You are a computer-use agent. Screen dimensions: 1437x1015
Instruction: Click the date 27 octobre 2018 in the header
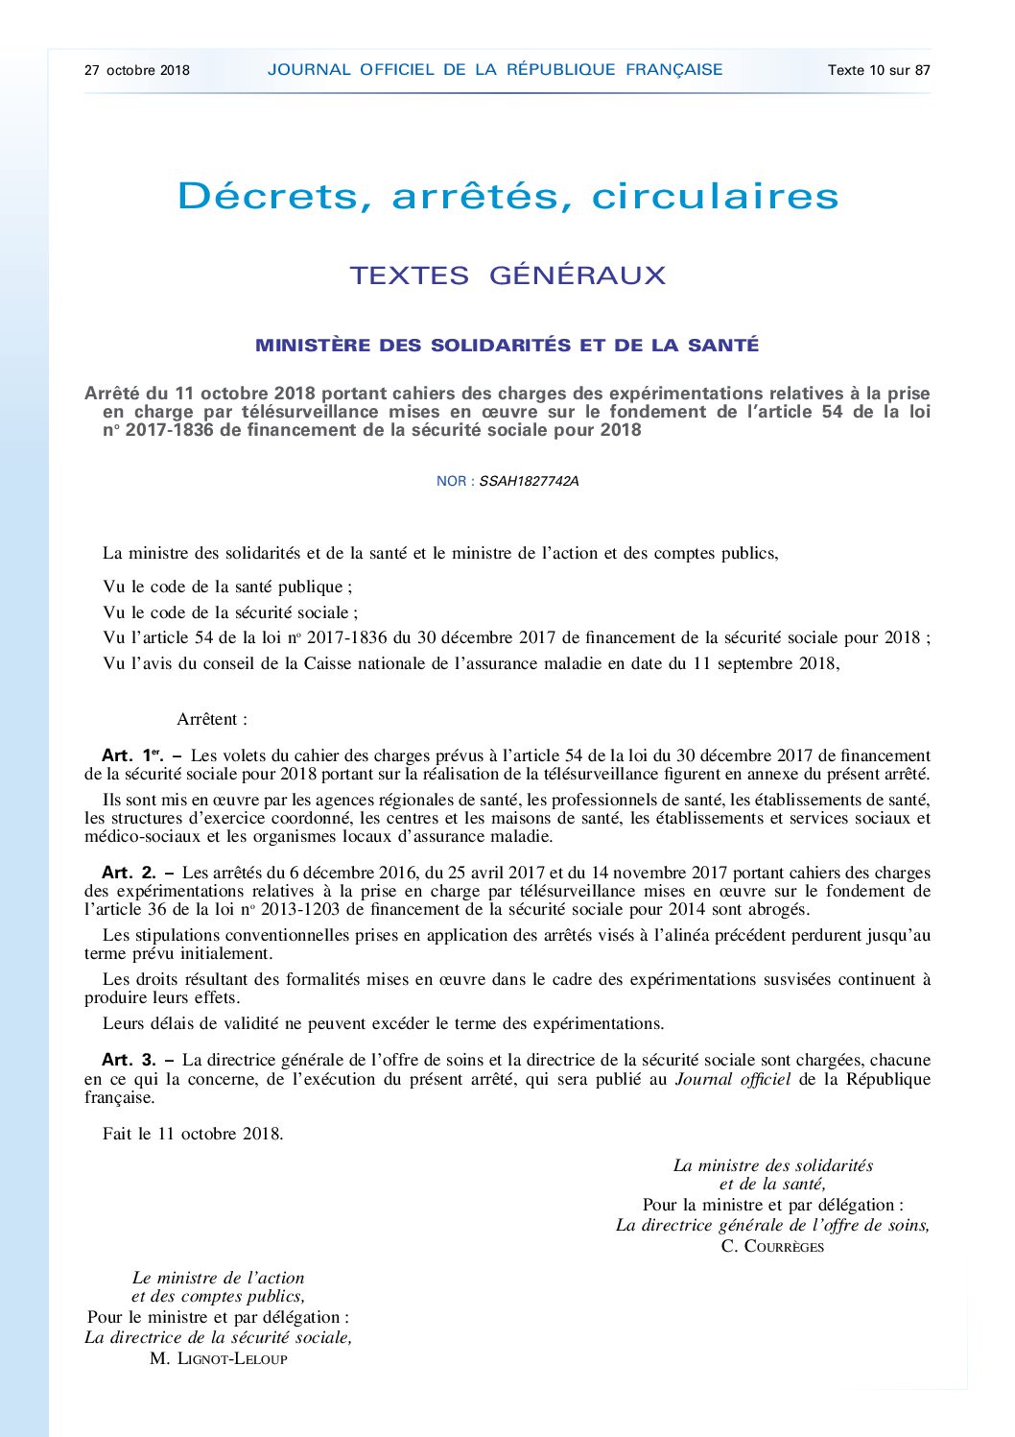137,70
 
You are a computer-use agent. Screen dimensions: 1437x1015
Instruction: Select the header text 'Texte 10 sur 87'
879,70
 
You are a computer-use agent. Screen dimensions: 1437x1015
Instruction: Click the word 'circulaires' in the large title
715,197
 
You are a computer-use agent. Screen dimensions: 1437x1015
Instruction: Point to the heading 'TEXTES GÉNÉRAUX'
507,275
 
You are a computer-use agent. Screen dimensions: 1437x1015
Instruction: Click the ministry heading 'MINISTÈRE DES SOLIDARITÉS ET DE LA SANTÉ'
507,346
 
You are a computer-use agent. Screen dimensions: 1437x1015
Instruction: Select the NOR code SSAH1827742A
529,481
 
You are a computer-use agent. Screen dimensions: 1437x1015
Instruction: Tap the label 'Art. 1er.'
132,755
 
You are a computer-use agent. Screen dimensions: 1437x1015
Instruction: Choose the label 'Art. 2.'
129,873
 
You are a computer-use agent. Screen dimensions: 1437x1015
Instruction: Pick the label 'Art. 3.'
129,1060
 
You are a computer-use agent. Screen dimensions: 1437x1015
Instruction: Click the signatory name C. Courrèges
772,1246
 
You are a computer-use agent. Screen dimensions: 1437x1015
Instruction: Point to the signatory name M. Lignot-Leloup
219,1358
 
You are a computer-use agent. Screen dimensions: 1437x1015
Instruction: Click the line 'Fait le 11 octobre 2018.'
193,1134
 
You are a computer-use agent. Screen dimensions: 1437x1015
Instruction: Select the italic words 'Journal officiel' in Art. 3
733,1079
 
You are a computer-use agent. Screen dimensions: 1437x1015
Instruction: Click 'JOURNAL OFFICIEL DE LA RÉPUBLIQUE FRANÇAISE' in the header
495,69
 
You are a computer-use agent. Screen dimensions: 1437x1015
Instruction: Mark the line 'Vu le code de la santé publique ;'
227,587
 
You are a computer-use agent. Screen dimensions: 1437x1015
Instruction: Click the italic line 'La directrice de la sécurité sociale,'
219,1337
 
